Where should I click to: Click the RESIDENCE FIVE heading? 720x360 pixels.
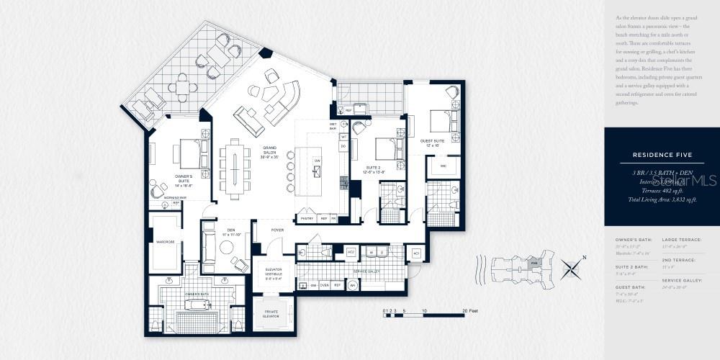[662, 155]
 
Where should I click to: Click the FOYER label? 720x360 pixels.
[277, 231]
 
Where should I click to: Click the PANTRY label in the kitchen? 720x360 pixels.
[307, 217]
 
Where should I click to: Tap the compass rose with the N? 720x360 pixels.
[572, 269]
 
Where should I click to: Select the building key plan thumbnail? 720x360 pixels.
[517, 268]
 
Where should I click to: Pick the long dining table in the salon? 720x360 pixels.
[235, 166]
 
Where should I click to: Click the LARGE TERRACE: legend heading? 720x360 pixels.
[681, 239]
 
